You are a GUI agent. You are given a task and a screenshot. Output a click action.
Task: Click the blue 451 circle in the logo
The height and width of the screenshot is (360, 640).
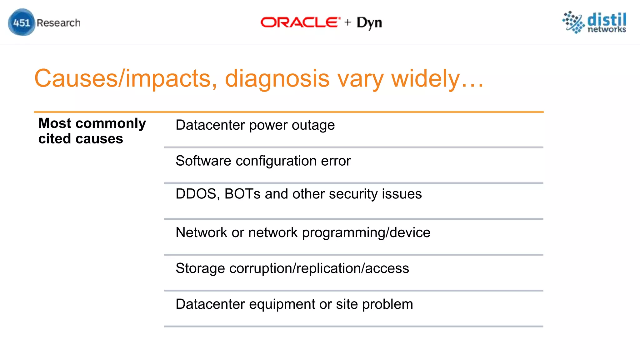(x=21, y=22)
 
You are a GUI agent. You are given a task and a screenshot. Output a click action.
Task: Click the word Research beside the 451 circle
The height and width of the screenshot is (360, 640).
(x=58, y=23)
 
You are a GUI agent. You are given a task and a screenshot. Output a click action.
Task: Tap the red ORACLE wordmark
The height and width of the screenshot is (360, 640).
(x=300, y=22)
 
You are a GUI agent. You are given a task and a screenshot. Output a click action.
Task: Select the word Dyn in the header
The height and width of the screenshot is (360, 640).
(x=369, y=23)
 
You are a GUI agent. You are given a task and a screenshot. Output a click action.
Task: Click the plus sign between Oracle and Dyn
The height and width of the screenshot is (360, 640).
(x=347, y=22)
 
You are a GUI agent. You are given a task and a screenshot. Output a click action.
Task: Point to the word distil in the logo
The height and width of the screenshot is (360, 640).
(x=607, y=19)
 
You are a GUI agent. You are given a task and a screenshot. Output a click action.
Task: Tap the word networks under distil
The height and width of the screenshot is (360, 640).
(x=607, y=29)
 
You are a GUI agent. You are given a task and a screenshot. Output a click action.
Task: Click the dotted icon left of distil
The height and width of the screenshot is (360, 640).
(x=573, y=22)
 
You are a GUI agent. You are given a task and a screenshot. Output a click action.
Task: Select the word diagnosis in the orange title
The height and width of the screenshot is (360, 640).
(x=277, y=78)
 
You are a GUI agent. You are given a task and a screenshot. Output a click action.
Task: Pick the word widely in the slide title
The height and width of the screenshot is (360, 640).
(x=426, y=78)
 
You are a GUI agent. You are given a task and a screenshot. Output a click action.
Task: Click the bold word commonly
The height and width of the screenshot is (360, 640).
(x=111, y=123)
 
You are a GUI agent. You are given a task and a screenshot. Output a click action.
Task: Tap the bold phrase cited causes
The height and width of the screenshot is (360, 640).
(x=81, y=139)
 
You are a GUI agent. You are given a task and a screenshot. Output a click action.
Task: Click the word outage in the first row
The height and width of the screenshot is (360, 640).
(x=313, y=125)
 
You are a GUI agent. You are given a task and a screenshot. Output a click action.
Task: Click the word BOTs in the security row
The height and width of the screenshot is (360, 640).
(x=242, y=194)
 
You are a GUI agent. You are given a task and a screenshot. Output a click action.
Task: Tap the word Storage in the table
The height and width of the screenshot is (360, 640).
(x=200, y=268)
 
